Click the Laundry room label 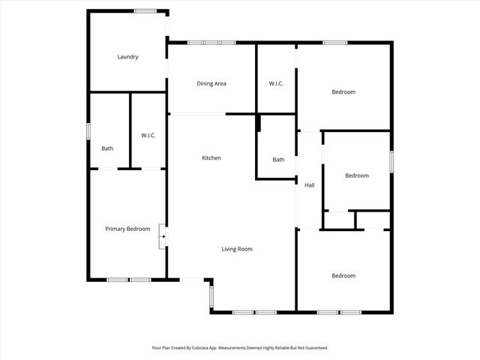click(x=127, y=57)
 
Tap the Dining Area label click(x=211, y=83)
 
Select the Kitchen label click(x=211, y=157)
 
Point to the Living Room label click(x=236, y=249)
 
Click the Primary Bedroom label click(x=127, y=229)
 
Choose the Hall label click(x=309, y=185)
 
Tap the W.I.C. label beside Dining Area click(x=276, y=83)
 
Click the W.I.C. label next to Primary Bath click(x=148, y=135)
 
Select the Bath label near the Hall click(x=278, y=159)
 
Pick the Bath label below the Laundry click(x=107, y=148)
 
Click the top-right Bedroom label click(x=343, y=91)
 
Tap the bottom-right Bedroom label click(x=343, y=276)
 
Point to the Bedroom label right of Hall click(x=356, y=175)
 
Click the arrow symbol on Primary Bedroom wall click(x=163, y=239)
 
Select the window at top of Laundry click(x=145, y=10)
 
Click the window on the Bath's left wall click(x=88, y=130)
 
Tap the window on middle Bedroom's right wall click(x=391, y=162)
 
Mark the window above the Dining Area click(x=211, y=42)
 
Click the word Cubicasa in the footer click(x=214, y=348)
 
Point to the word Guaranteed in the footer click(x=316, y=348)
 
